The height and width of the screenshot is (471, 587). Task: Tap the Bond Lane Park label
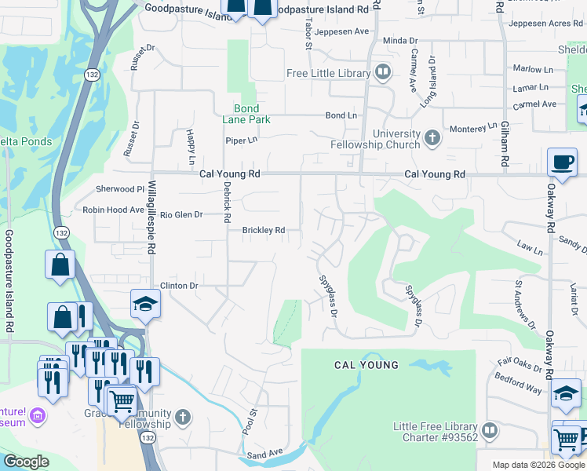click(x=251, y=114)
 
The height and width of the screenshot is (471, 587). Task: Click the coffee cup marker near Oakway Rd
click(x=561, y=162)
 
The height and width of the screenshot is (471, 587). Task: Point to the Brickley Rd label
click(x=262, y=231)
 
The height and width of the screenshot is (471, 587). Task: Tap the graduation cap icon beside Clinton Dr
click(x=145, y=304)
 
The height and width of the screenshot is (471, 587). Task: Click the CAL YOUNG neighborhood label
click(x=366, y=365)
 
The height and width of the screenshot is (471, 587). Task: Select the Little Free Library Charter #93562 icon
click(x=490, y=431)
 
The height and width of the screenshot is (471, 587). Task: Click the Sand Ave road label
click(x=264, y=455)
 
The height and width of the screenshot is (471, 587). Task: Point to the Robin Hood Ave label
click(x=114, y=210)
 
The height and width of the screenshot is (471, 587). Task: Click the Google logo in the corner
click(x=26, y=462)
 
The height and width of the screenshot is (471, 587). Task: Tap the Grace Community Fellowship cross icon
click(x=182, y=417)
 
